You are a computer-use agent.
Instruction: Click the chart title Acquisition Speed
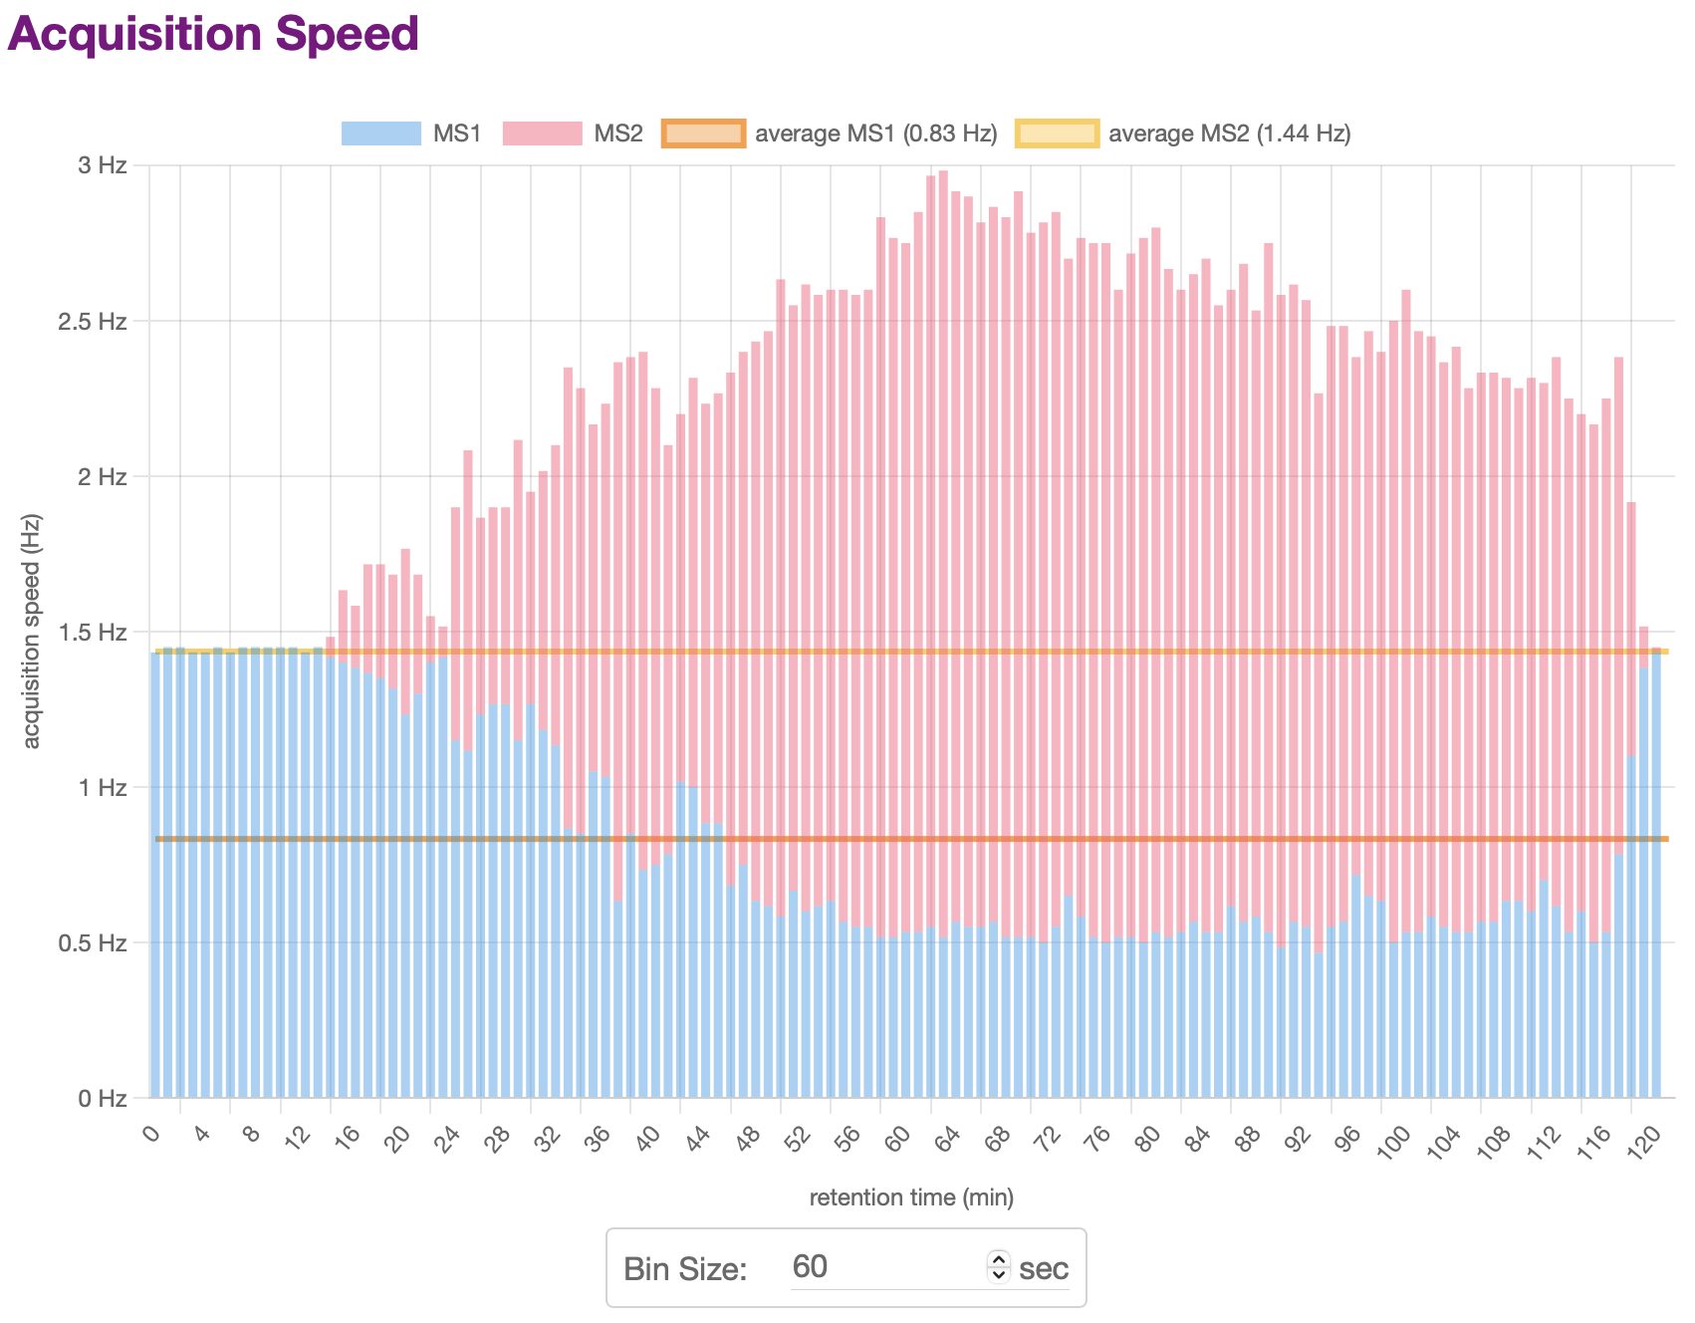click(212, 34)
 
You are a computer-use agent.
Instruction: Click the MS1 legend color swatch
click(380, 133)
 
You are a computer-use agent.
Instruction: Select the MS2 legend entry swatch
click(542, 133)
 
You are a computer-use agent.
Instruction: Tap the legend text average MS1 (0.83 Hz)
click(875, 133)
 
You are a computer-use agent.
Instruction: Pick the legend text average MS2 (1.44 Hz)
click(1229, 133)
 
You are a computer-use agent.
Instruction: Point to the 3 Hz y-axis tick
click(103, 165)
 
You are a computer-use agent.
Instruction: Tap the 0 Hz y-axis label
click(103, 1098)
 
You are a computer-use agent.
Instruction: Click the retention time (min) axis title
click(911, 1197)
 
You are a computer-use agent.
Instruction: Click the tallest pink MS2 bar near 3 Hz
click(943, 498)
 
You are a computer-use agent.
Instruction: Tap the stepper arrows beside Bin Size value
click(999, 1267)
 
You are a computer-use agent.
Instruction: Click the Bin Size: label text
click(685, 1269)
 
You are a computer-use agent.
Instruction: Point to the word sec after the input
click(1044, 1269)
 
